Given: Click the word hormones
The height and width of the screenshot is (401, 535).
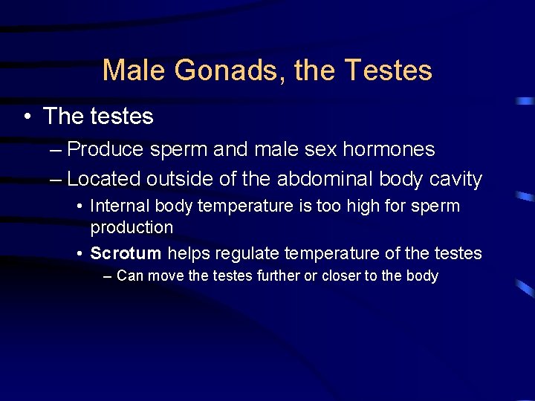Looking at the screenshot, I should pyautogui.click(x=389, y=149).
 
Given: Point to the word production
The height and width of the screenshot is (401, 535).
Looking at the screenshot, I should pyautogui.click(x=132, y=227).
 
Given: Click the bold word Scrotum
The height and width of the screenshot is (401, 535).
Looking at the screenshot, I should pyautogui.click(x=126, y=253).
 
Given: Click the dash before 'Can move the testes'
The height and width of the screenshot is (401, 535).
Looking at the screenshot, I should pyautogui.click(x=108, y=276).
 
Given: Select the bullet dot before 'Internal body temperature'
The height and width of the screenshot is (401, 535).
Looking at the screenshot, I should pyautogui.click(x=80, y=206).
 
